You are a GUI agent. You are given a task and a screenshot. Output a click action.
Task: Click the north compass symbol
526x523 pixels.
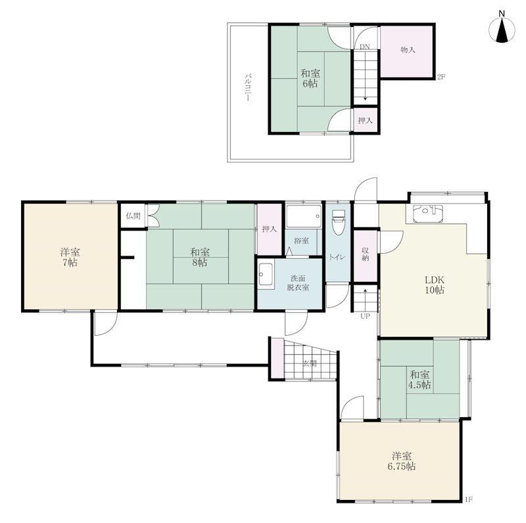[502, 30]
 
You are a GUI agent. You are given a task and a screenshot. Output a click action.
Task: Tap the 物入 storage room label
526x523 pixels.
[408, 50]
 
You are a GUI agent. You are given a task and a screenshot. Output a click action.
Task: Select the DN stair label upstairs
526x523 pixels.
[365, 47]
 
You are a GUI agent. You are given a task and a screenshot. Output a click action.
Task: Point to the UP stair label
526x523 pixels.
[365, 316]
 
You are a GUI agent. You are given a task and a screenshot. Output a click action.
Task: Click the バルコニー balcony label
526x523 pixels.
[247, 88]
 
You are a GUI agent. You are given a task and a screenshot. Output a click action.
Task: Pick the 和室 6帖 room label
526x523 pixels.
[310, 78]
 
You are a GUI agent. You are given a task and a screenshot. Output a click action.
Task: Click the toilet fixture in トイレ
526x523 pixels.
[338, 222]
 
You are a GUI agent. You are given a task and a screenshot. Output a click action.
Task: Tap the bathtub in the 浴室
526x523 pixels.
[304, 216]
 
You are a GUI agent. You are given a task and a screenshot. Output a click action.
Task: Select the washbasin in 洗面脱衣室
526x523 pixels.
[266, 275]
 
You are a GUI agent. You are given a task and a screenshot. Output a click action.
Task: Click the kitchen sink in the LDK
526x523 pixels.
[428, 214]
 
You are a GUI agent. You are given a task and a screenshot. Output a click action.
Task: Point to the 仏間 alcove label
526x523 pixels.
[133, 216]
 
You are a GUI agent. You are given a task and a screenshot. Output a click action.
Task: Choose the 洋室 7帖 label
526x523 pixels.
[70, 257]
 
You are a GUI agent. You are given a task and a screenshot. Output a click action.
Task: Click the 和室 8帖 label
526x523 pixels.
[200, 257]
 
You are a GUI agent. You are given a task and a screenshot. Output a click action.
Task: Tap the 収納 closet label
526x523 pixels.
[365, 254]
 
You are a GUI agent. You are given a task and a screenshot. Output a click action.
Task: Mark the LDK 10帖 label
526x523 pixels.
[435, 284]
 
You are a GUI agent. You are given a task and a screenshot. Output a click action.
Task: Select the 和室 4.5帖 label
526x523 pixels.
[419, 379]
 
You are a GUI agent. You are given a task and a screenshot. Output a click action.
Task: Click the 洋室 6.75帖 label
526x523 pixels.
[402, 461]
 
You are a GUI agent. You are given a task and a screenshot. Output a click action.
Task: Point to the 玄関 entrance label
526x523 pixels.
[310, 363]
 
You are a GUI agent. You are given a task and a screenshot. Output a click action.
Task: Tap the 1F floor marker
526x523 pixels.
[469, 500]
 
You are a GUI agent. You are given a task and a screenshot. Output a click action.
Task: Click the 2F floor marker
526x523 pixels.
[441, 77]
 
